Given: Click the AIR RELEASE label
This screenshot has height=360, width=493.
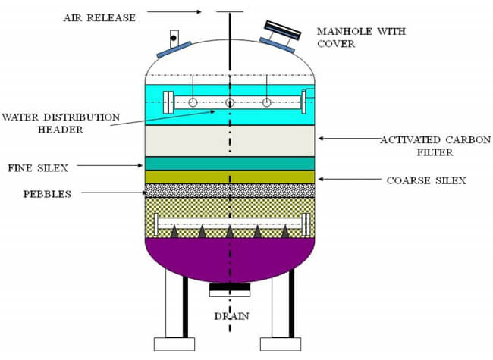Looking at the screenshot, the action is click(x=99, y=18).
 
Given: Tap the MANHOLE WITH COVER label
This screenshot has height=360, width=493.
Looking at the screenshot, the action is click(x=361, y=37).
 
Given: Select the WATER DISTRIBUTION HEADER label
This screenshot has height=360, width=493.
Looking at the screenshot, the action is click(x=61, y=123).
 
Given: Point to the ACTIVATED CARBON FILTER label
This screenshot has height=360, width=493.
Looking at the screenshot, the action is click(x=435, y=146).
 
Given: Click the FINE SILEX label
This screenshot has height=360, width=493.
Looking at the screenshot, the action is click(x=38, y=168).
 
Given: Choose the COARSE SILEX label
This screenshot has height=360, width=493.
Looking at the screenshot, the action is click(x=426, y=180).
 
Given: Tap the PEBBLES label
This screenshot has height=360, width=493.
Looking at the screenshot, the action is click(x=47, y=194).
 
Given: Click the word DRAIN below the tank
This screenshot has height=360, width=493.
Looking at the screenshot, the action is click(x=232, y=316).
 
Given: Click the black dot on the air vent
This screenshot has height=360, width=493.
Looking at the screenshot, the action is click(x=174, y=39).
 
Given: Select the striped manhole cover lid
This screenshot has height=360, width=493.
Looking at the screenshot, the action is click(x=283, y=30).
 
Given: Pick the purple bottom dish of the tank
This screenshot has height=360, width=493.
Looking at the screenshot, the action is click(x=230, y=258).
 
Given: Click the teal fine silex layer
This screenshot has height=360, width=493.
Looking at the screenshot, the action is click(x=230, y=164).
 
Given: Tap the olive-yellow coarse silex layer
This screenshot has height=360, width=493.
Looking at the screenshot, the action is click(x=230, y=177).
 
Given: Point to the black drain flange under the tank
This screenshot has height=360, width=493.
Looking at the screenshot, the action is click(x=230, y=287).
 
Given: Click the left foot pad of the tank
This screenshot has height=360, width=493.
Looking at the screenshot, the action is click(x=174, y=344).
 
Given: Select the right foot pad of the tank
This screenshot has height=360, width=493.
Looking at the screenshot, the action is click(x=281, y=344).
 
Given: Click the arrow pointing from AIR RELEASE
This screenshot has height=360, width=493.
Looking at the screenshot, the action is click(x=174, y=12).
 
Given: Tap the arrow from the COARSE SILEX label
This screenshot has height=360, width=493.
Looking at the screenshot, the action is click(x=350, y=179).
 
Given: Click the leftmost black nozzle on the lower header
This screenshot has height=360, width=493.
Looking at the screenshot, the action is click(x=174, y=231).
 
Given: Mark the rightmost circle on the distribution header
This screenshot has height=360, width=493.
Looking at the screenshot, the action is click(x=267, y=102).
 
